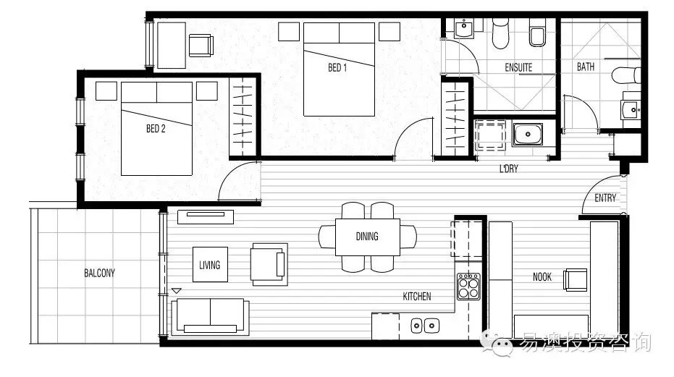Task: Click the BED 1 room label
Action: pos(337,67)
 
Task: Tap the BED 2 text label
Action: pos(156,129)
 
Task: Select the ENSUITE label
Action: pos(518,67)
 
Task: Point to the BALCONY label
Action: pos(99,273)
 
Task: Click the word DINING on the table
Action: pos(367,237)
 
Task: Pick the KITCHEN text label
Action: pos(417,296)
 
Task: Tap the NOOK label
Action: pos(542,277)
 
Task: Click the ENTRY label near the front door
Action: pos(605,198)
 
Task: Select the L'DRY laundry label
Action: pos(508,169)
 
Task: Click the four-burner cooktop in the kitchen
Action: pos(468,286)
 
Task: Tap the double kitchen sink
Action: pos(425,326)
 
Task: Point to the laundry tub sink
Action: pos(528,135)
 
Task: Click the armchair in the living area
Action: pos(269,264)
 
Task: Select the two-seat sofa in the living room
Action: pos(210,317)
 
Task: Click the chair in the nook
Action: pos(575,280)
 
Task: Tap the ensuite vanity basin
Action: pos(464,28)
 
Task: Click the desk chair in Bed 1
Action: pos(201,45)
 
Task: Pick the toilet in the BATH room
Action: pos(625,75)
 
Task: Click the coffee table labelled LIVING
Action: pos(210,264)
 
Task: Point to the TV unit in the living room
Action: pos(206,216)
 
